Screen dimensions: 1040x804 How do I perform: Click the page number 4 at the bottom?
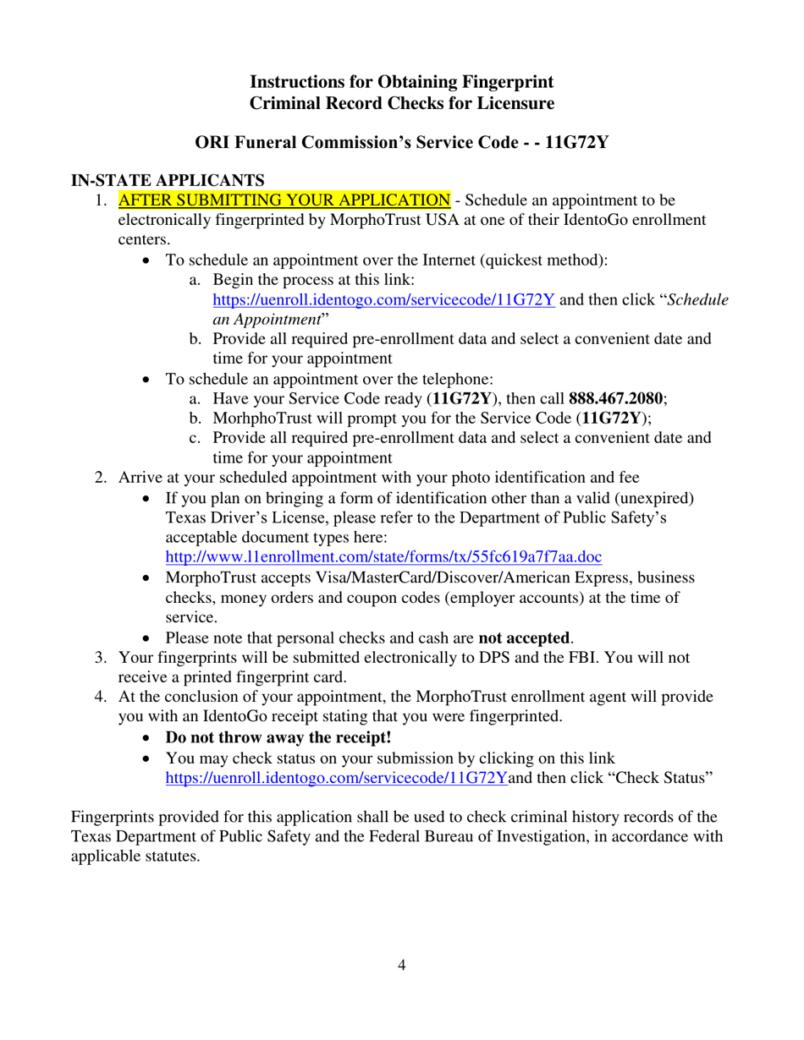[402, 966]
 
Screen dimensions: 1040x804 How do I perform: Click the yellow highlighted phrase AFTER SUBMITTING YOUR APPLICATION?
[284, 200]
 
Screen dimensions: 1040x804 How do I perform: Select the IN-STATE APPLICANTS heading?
[169, 180]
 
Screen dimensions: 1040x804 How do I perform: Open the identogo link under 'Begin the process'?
[384, 299]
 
